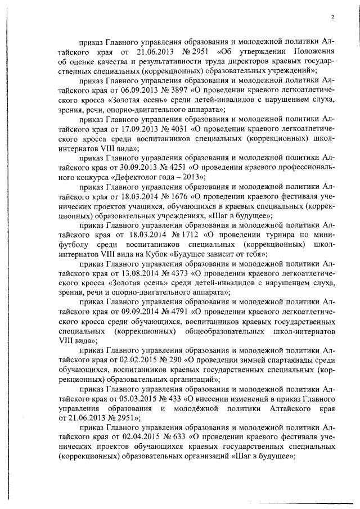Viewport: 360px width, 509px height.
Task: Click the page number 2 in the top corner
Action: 332,17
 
